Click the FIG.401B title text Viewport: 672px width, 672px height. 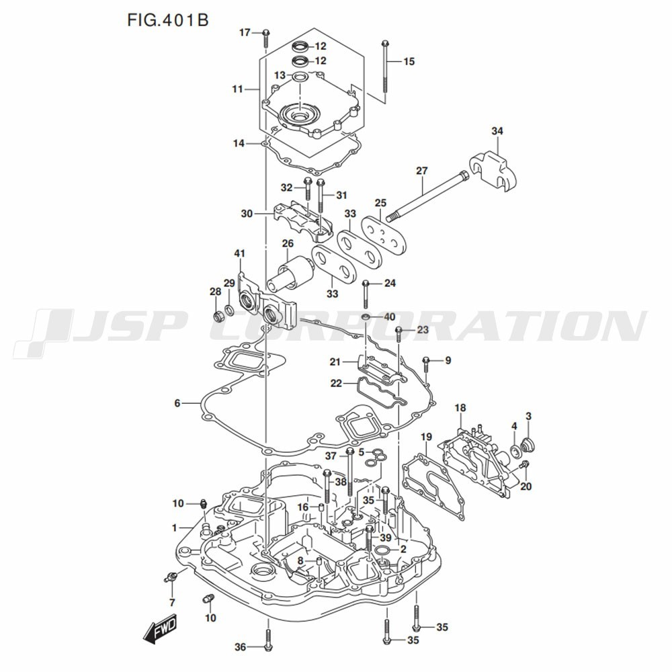tap(168, 19)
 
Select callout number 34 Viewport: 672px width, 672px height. tap(497, 131)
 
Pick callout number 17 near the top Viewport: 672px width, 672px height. tap(245, 32)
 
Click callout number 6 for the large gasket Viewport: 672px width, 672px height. tap(177, 403)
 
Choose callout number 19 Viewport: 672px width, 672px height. tap(426, 437)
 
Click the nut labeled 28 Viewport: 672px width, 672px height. tap(218, 317)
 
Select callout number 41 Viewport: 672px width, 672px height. tap(239, 254)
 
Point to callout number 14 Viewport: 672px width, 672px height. tap(239, 143)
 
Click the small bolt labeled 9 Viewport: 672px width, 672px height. tap(426, 364)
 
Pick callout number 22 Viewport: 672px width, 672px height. tap(336, 383)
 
